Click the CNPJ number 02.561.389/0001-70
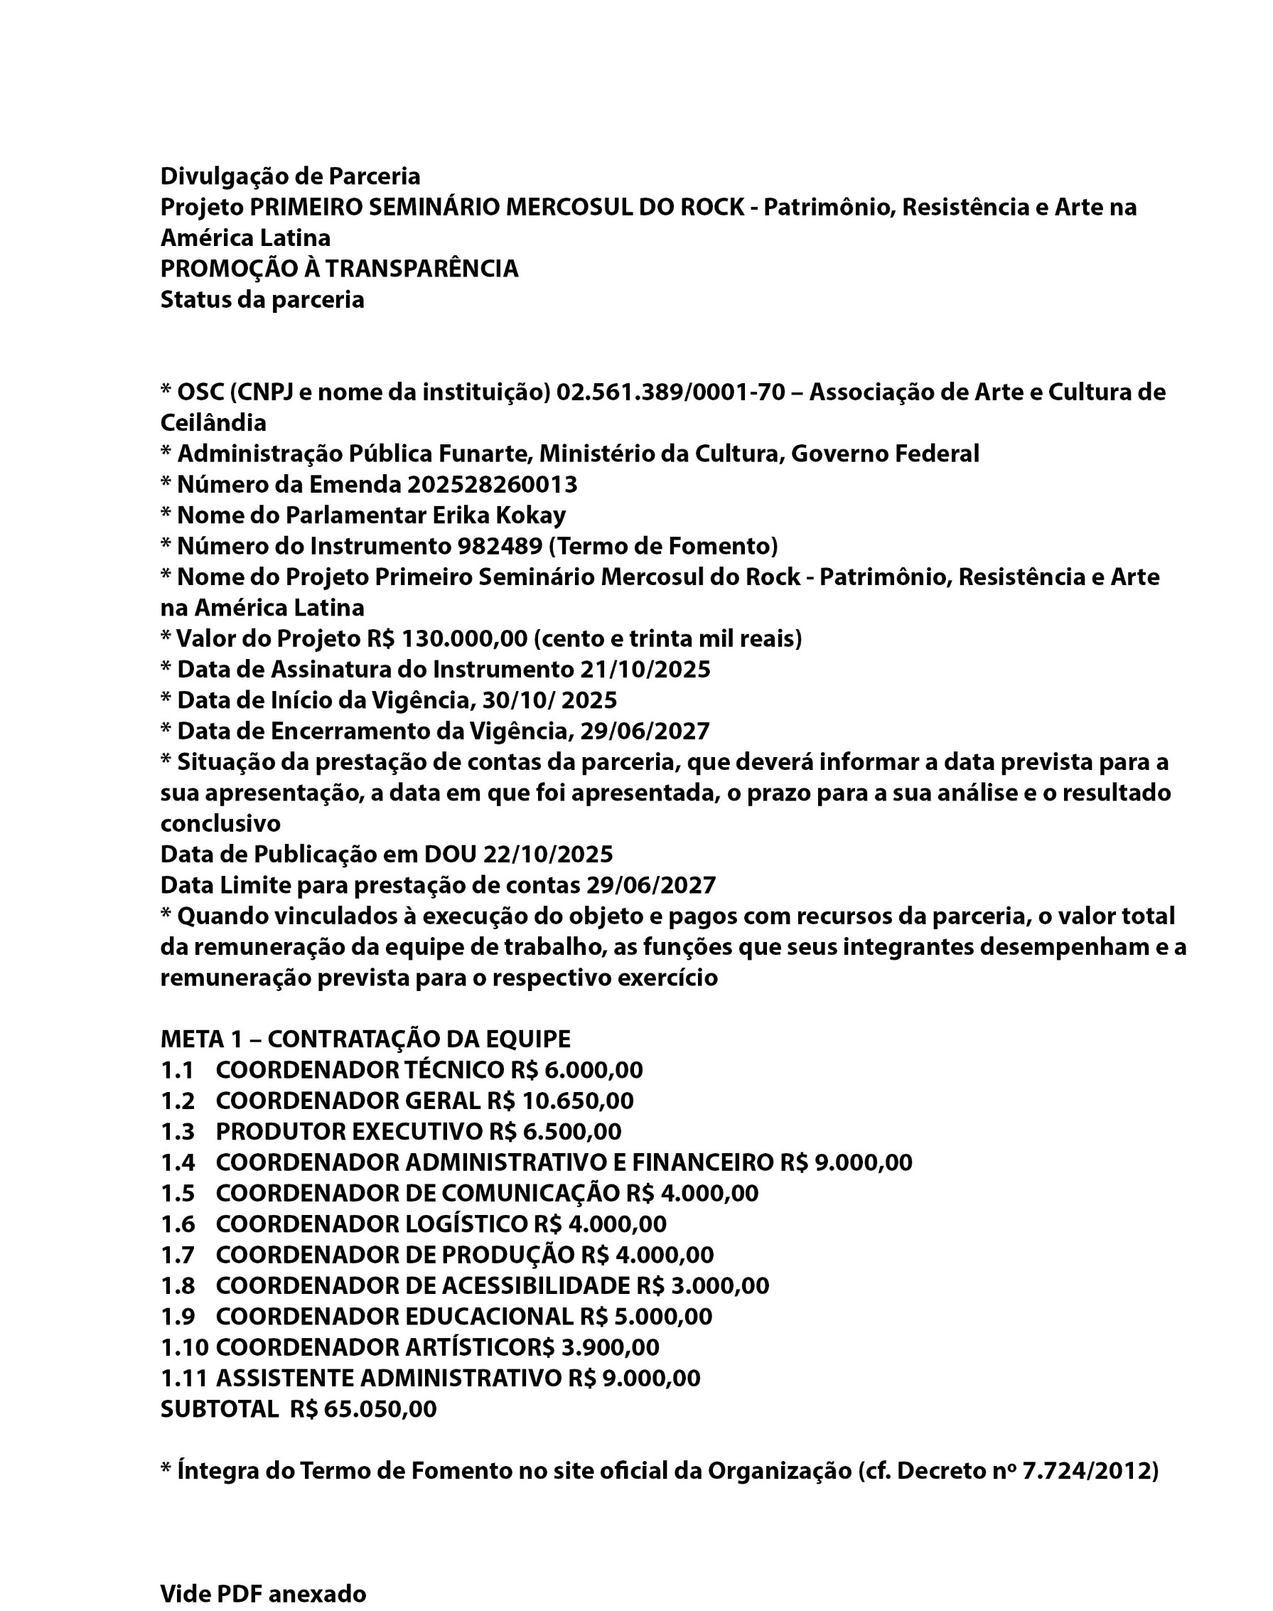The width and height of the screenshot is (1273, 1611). [670, 392]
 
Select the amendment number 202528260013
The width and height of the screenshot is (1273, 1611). [492, 485]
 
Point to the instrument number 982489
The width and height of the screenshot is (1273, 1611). [500, 547]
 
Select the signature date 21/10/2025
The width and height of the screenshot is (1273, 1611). [645, 670]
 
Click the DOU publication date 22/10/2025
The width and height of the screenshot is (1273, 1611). [548, 854]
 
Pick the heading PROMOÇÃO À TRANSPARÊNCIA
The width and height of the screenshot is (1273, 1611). [339, 268]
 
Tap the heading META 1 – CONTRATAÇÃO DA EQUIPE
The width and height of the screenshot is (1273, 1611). [365, 1039]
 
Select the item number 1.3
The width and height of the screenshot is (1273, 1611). [178, 1132]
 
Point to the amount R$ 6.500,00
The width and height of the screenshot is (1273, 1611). [555, 1132]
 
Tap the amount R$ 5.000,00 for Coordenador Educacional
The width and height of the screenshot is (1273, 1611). [645, 1317]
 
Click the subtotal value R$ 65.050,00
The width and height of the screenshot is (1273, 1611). [364, 1409]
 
